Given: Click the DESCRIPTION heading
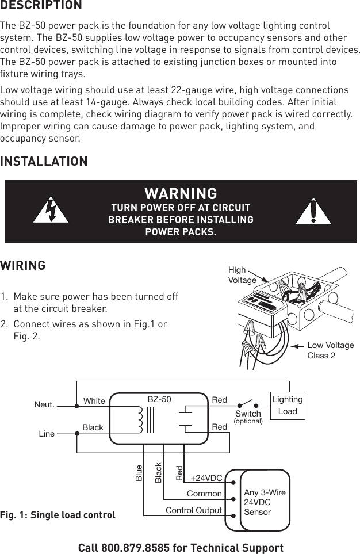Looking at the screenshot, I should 41,6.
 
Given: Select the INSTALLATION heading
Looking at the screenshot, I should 44,162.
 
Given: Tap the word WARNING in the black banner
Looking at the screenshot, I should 181,193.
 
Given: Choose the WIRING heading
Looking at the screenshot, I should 23,266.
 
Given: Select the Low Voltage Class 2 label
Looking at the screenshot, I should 330,350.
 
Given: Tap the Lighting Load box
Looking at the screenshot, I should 287,406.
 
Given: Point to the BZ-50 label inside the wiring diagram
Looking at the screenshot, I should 159,398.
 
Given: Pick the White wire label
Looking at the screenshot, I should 94,400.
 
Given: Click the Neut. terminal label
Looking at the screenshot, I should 44,404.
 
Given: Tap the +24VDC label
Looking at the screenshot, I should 206,478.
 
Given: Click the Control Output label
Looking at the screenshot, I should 193,510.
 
